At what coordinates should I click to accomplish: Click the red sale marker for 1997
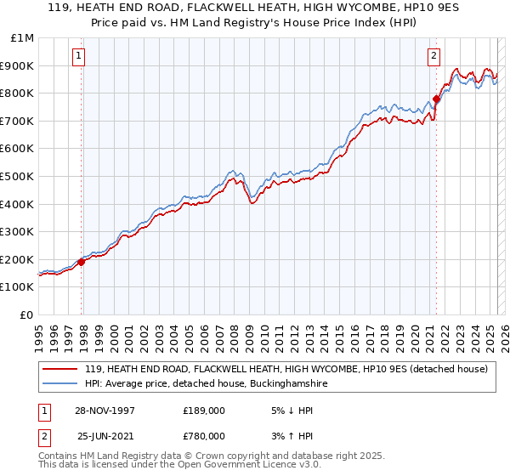[x=82, y=262]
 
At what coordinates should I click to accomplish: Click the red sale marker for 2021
[x=436, y=99]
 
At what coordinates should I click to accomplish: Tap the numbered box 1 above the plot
[x=78, y=57]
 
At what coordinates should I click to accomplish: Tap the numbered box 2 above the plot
[x=433, y=57]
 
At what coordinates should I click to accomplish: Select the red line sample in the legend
[x=60, y=370]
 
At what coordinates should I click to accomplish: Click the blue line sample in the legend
[x=60, y=384]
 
